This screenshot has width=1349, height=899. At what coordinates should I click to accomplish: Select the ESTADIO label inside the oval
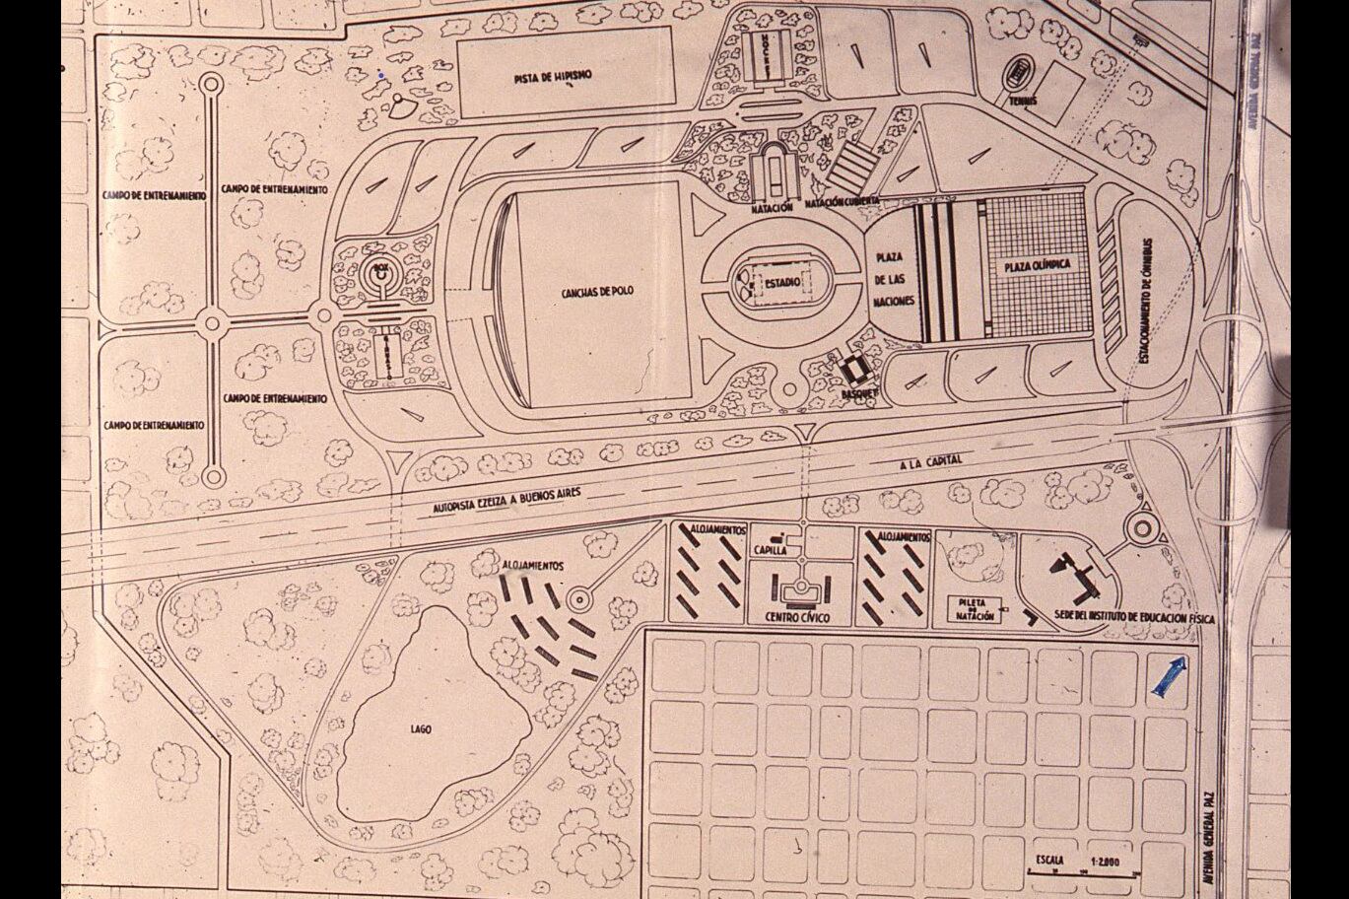779,283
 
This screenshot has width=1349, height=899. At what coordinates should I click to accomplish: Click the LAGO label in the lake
421,729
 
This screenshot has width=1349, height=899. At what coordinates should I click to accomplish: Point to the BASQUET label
859,392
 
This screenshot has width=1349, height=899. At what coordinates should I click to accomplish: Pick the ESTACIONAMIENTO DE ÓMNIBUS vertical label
1147,301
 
